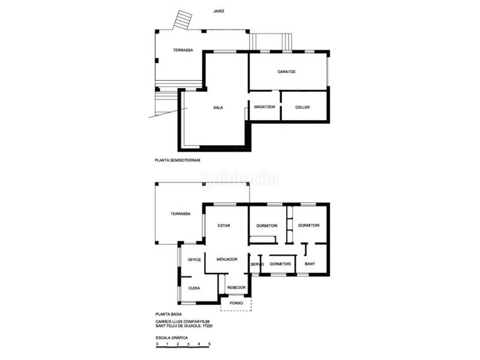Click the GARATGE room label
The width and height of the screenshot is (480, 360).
click(287, 71)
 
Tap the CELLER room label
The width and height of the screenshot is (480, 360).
click(302, 107)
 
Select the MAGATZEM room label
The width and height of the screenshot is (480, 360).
click(265, 107)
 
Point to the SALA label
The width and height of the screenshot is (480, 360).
click(218, 107)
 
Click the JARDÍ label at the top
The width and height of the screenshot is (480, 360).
click(218, 11)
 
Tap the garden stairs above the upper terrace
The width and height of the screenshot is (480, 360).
click(182, 20)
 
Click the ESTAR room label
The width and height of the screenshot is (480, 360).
click(224, 226)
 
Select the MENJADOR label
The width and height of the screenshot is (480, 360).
click(227, 259)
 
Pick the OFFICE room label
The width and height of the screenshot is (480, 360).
click(194, 260)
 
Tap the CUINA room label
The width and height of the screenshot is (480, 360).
click(194, 288)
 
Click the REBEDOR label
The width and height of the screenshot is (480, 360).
click(236, 287)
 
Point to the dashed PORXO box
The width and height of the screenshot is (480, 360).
click(236, 304)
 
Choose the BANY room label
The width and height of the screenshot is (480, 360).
click(310, 263)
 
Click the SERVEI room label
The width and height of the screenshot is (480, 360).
click(257, 264)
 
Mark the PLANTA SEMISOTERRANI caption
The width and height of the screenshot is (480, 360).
click(178, 160)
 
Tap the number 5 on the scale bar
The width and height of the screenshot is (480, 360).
click(209, 344)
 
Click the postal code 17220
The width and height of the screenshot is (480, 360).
click(207, 326)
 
